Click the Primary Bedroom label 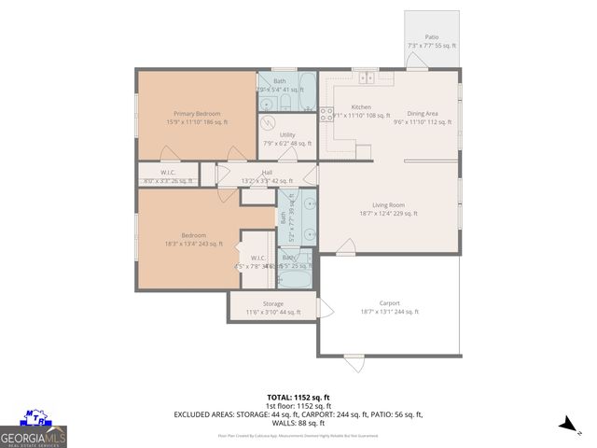click(196, 114)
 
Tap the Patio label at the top click(431, 38)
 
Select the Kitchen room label click(361, 107)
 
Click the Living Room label click(388, 205)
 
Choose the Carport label click(389, 303)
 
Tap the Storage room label click(272, 303)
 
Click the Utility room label click(287, 135)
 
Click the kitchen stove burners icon click(327, 115)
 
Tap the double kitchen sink click(368, 78)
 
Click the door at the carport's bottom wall click(354, 362)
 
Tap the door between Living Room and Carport click(346, 248)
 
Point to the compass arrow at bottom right click(565, 426)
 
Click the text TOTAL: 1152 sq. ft click(298, 398)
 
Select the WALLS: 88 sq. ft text click(298, 423)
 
